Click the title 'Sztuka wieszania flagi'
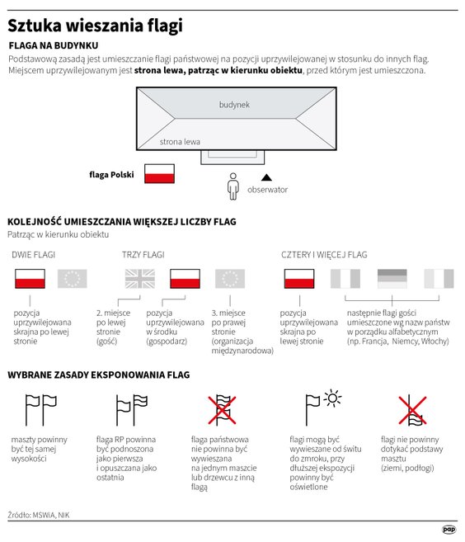click(x=96, y=26)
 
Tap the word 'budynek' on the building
click(x=234, y=106)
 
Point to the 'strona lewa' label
click(x=180, y=142)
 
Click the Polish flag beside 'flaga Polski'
click(x=159, y=173)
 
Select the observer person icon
click(x=233, y=186)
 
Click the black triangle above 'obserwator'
click(x=266, y=177)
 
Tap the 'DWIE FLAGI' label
click(x=34, y=255)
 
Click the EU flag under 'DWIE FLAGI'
click(x=73, y=279)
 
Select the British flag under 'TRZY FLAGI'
click(x=139, y=279)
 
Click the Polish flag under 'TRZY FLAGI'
click(x=185, y=279)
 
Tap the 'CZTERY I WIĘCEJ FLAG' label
click(x=324, y=255)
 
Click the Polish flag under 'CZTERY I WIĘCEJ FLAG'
click(x=298, y=279)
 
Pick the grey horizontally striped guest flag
click(x=392, y=279)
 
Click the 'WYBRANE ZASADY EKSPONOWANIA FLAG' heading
click(x=98, y=375)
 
